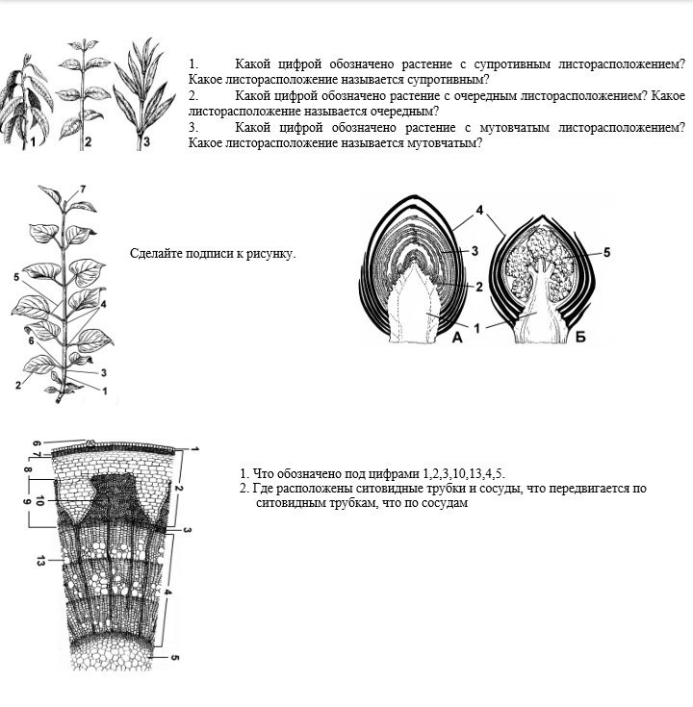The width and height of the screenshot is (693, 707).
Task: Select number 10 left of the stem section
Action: (x=39, y=501)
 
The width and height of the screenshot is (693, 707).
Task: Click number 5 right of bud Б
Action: (x=607, y=253)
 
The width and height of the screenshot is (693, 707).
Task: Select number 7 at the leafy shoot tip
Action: (x=82, y=189)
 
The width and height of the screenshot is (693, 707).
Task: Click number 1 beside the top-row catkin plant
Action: (x=32, y=142)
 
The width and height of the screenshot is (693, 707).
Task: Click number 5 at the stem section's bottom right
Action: (x=175, y=659)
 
